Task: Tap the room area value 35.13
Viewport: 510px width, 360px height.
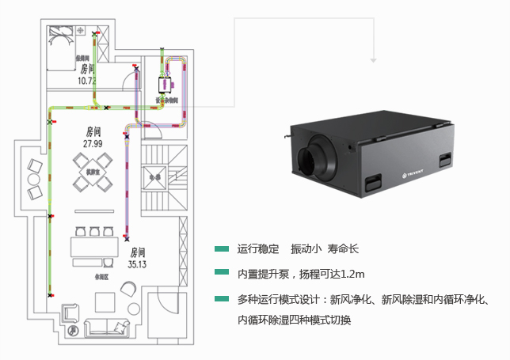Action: [x=139, y=264]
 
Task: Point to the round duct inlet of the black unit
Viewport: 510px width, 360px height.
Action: [x=307, y=157]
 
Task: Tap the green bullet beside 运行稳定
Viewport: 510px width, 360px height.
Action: [x=221, y=249]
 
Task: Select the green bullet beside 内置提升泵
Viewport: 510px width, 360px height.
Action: [x=221, y=273]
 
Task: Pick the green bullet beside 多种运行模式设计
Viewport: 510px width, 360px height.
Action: [x=221, y=299]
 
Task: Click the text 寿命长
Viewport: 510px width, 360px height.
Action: [x=344, y=249]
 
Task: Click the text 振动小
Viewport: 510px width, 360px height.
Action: [x=306, y=249]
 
